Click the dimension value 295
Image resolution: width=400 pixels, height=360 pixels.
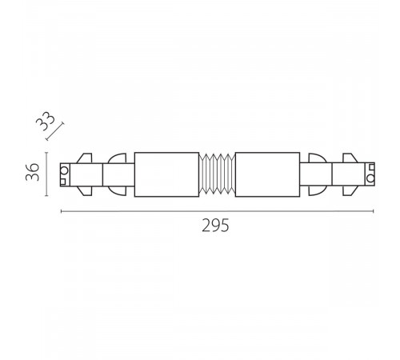(215, 226)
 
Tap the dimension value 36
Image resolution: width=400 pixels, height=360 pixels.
(33, 172)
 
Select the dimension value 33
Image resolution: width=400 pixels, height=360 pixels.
(46, 121)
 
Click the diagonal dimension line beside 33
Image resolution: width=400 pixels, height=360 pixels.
(55, 131)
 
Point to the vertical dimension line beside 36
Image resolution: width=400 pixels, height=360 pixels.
(46, 174)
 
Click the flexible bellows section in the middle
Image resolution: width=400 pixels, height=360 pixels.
(217, 174)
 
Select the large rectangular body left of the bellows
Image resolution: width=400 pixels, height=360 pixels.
(166, 174)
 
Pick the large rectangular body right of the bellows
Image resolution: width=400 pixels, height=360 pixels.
(267, 174)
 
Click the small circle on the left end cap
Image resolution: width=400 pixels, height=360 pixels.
(65, 170)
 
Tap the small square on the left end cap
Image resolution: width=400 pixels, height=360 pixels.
(63, 182)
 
